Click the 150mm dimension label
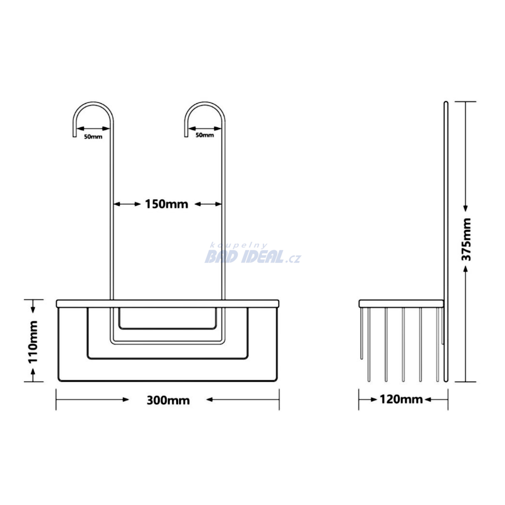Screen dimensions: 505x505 pos(167,204)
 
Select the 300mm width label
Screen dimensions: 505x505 pos(168,400)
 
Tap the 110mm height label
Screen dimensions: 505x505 pos(33,342)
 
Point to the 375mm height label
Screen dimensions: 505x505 pos(467,239)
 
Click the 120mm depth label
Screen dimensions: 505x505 pos(401,399)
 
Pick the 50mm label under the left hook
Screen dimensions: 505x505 pos(93,137)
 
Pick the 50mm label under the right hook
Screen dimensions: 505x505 pos(205,135)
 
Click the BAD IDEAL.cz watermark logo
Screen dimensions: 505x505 pos(253,257)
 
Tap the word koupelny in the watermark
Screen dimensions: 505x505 pos(238,246)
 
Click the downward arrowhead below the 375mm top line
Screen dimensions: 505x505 pos(466,209)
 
